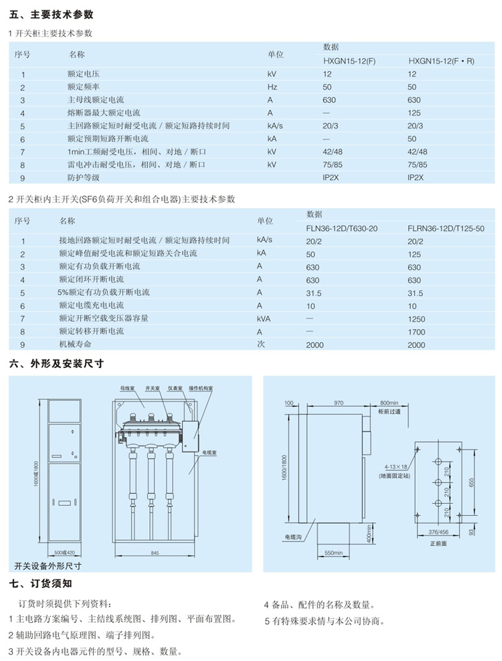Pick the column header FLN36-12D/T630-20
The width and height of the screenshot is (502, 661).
coord(342,229)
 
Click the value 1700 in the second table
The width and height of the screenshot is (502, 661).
coord(416,331)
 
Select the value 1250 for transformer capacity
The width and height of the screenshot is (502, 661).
coord(416,318)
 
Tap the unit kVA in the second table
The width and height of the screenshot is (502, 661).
coord(265,318)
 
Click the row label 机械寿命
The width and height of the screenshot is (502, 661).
coord(74,344)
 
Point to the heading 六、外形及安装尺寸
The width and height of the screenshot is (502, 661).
coord(57,365)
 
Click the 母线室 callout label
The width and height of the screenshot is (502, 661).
coord(127,387)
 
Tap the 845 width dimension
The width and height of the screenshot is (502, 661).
coord(154,553)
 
